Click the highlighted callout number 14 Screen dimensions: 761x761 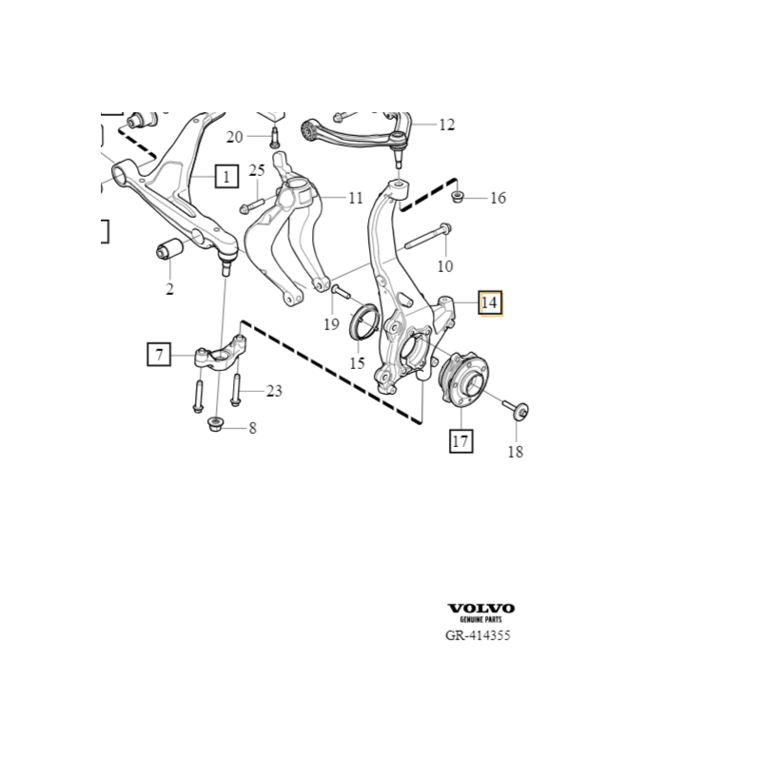click(x=489, y=303)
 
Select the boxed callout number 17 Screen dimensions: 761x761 click(x=461, y=440)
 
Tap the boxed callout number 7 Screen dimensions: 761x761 click(x=159, y=355)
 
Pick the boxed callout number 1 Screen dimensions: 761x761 click(x=226, y=176)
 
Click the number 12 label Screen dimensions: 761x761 click(x=446, y=125)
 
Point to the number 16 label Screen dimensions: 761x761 click(x=498, y=198)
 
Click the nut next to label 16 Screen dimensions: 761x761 click(x=459, y=198)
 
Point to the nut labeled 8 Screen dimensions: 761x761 click(x=215, y=423)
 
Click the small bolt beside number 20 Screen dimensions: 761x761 click(x=274, y=138)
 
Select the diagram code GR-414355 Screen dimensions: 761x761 click(x=478, y=636)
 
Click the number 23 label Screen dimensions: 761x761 click(x=274, y=390)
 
